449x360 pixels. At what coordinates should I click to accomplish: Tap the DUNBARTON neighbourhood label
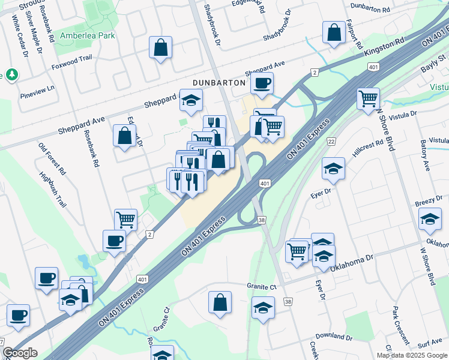pyautogui.click(x=218, y=82)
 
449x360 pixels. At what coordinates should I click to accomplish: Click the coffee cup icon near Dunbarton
pyautogui.click(x=261, y=83)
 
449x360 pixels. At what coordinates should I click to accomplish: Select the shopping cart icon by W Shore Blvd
pyautogui.click(x=368, y=98)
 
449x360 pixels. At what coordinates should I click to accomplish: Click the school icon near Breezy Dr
pyautogui.click(x=430, y=220)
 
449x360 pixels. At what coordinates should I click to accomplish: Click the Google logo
pyautogui.click(x=20, y=353)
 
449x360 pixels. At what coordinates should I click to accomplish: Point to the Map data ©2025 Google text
pyautogui.click(x=412, y=355)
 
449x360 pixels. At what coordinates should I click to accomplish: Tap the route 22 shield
pyautogui.click(x=331, y=141)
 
